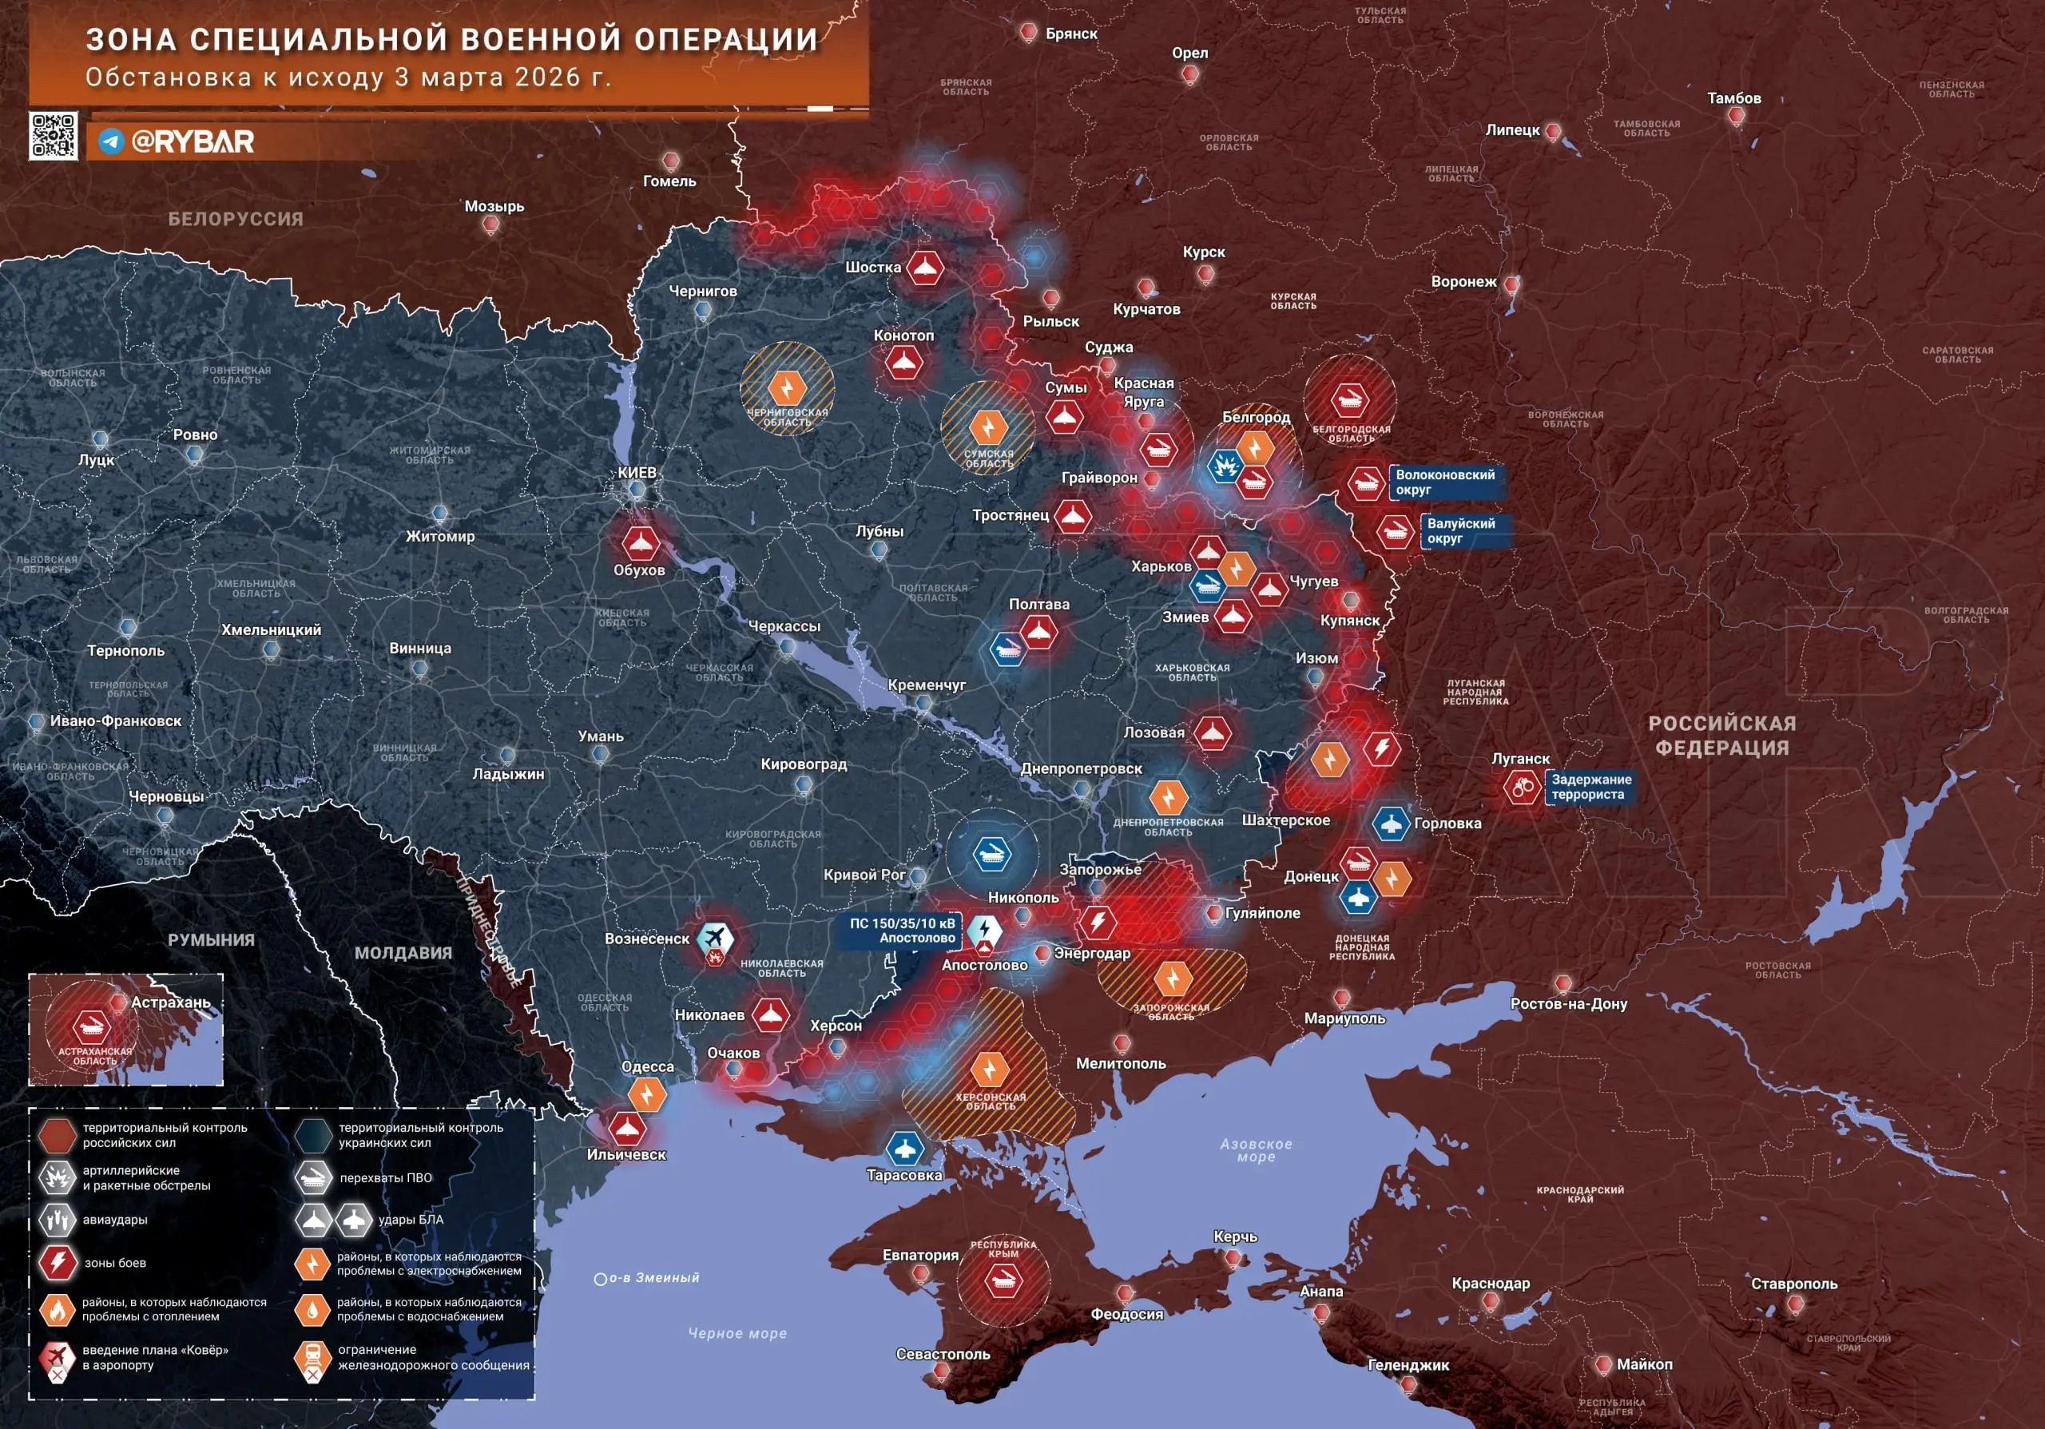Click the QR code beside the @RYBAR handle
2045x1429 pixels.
coord(54,137)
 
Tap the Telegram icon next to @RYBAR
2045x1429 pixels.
coord(110,141)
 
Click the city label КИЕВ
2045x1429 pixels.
coord(637,473)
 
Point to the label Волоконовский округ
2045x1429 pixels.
coord(1445,482)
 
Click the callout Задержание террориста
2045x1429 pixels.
coord(1590,787)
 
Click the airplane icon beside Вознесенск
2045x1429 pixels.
coord(714,938)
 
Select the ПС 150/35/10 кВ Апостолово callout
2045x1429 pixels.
coord(901,931)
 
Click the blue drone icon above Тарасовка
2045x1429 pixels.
coord(904,1149)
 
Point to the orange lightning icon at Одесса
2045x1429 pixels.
coord(646,1094)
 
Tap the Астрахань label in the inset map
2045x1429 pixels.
coord(170,1002)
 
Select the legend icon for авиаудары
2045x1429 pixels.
coord(58,1220)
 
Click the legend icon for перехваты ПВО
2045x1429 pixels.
coord(312,1178)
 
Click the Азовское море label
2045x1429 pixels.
coord(1256,1150)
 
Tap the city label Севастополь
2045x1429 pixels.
coord(943,1354)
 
